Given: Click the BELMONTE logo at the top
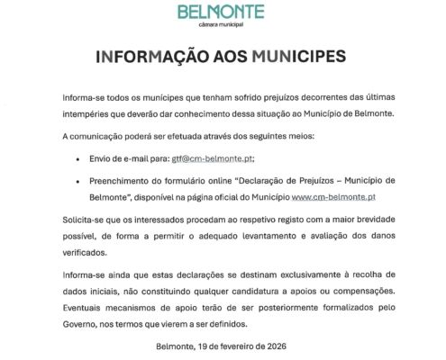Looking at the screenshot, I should click(x=221, y=13).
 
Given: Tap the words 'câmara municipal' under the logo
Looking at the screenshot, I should click(x=221, y=27).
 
